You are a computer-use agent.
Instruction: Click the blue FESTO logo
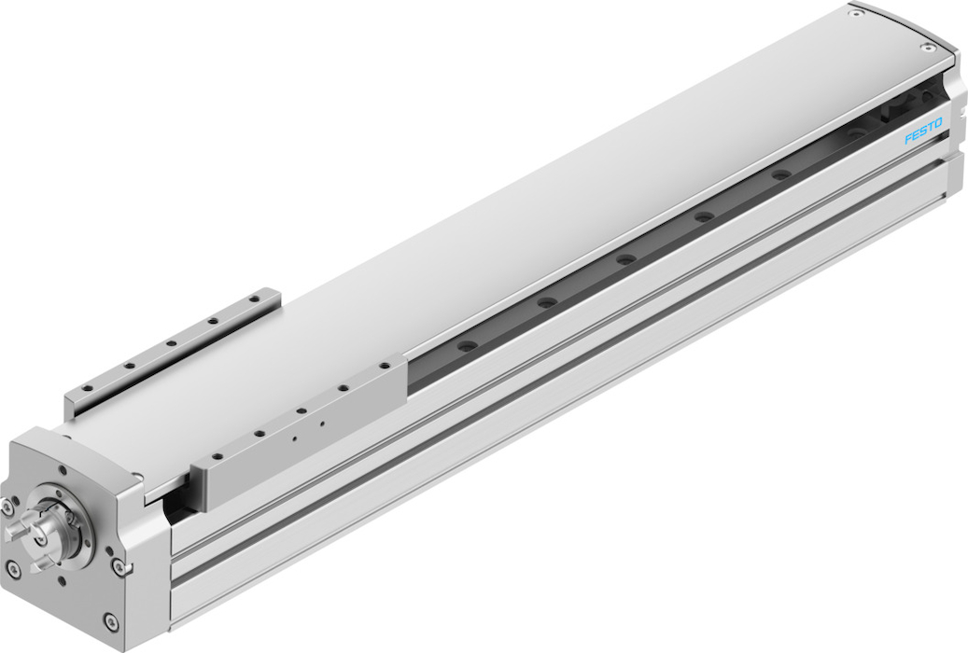(x=923, y=131)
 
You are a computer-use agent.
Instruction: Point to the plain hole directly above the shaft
(x=63, y=470)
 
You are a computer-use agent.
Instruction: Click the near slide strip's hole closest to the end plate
(x=217, y=456)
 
